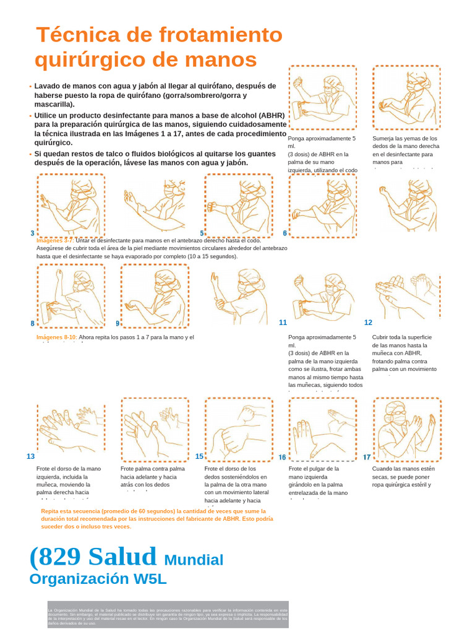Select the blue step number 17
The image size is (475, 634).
[367, 458]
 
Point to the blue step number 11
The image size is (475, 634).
[283, 323]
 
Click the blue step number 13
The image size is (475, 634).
[30, 456]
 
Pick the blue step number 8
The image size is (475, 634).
[32, 323]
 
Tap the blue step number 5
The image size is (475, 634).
[202, 233]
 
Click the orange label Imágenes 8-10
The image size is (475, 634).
[57, 337]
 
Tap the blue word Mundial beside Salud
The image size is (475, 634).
[194, 560]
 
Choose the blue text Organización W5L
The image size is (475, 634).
[98, 579]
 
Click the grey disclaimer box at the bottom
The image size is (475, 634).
[168, 614]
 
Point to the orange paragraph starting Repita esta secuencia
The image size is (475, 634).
[156, 519]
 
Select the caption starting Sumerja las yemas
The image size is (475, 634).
[406, 150]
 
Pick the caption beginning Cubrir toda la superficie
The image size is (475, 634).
[404, 353]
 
